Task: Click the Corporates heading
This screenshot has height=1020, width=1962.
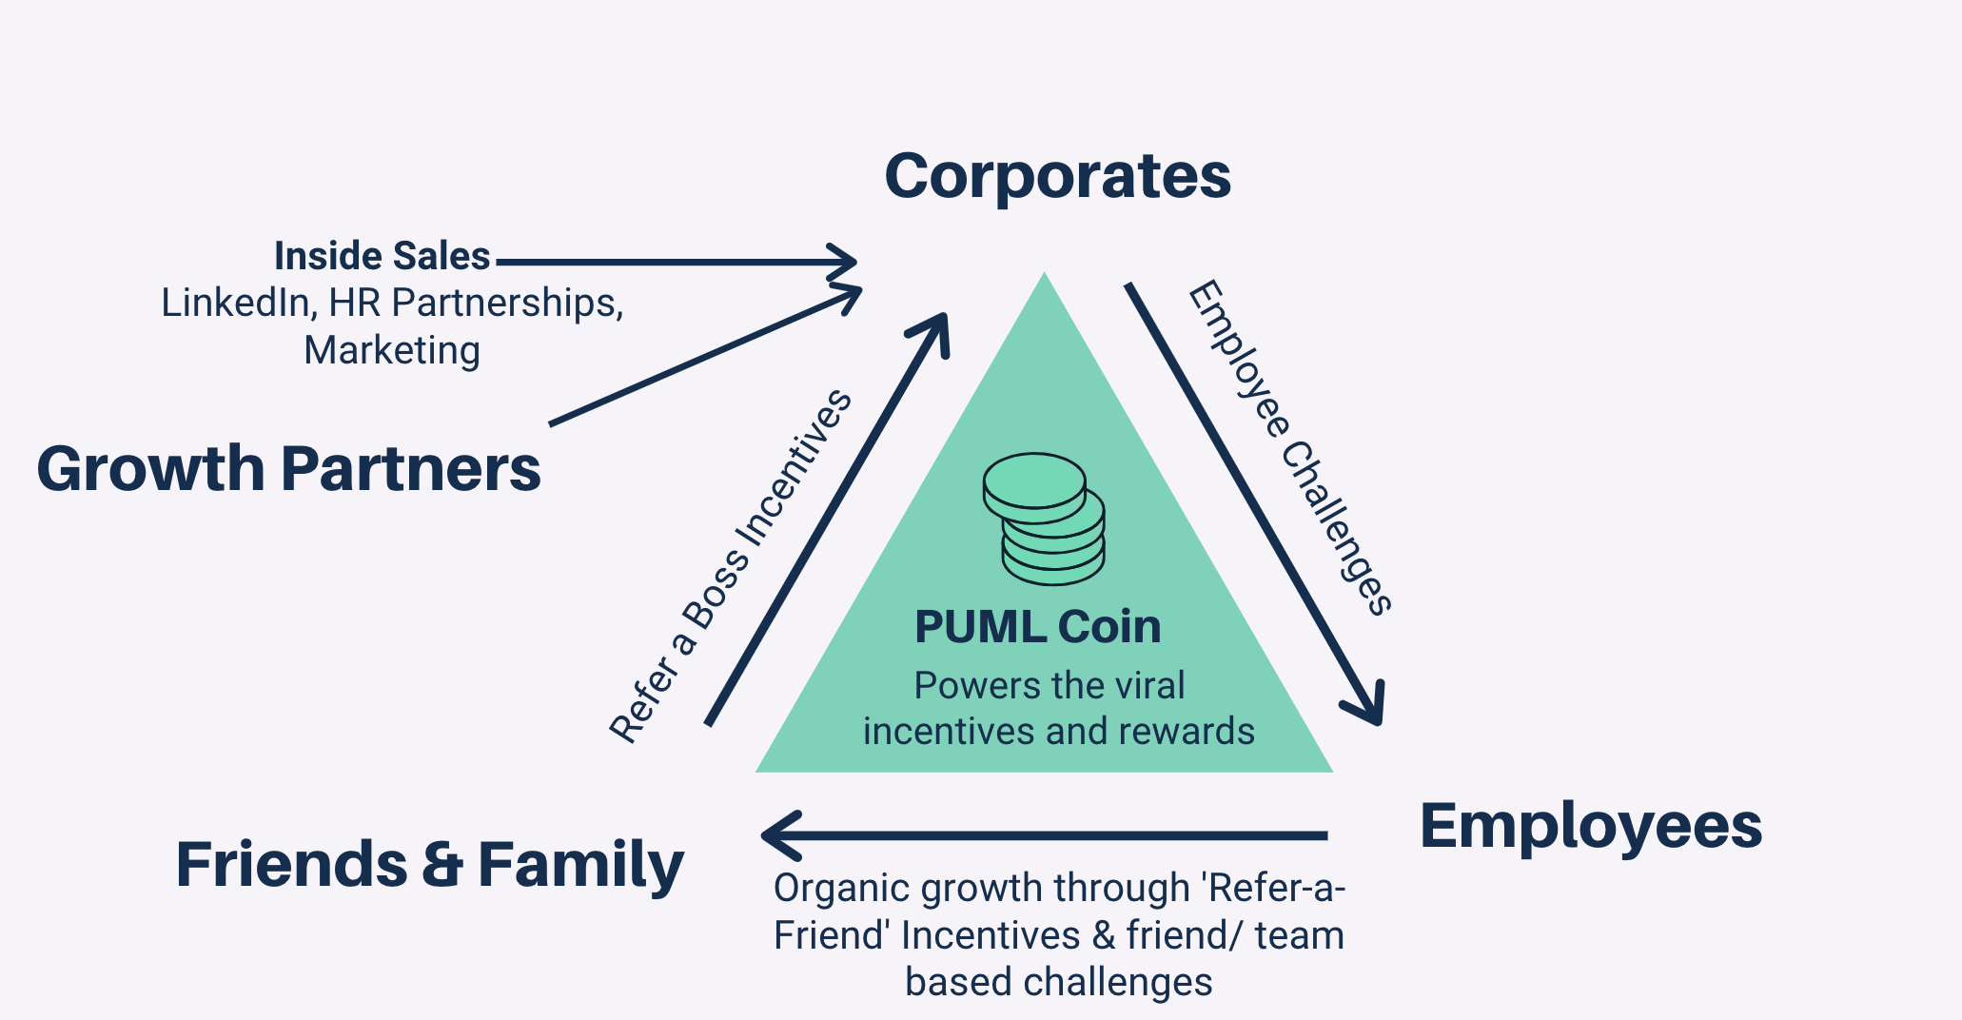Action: click(x=1057, y=177)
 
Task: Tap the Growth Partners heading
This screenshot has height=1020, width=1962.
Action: click(x=288, y=469)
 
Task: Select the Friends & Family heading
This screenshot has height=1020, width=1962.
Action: click(x=429, y=864)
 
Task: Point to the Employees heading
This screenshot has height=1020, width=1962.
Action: click(x=1590, y=825)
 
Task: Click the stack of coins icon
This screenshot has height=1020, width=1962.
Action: click(x=1044, y=518)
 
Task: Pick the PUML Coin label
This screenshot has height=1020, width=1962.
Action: click(x=1037, y=627)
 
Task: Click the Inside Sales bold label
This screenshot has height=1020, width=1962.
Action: click(x=382, y=256)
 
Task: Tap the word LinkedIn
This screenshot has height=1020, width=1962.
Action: click(x=238, y=303)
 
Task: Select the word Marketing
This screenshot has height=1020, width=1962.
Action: click(x=391, y=350)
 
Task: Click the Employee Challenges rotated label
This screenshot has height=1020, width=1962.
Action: click(x=1289, y=447)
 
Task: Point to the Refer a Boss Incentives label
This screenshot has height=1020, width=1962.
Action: click(x=731, y=565)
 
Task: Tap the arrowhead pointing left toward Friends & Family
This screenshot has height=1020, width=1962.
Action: click(x=780, y=835)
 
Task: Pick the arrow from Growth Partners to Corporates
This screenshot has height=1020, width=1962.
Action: click(x=704, y=357)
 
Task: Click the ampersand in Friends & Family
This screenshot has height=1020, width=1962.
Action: click(x=441, y=864)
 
